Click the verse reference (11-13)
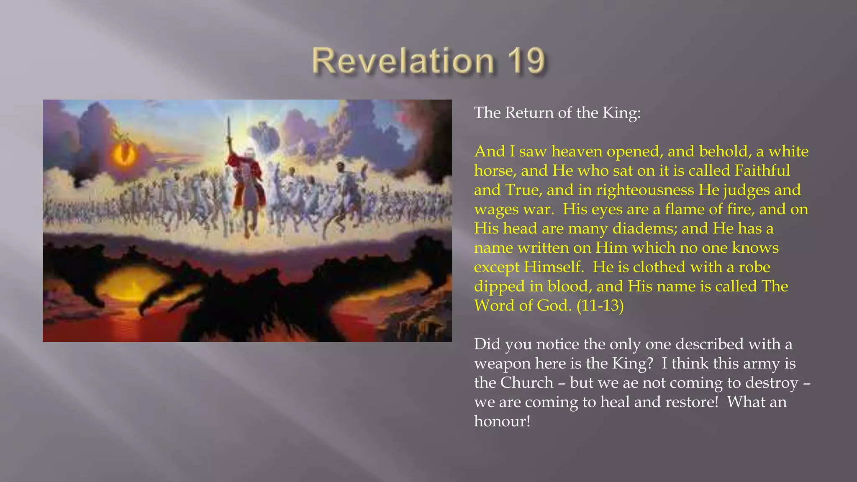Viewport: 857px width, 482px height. point(600,305)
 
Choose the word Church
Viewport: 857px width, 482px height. point(527,383)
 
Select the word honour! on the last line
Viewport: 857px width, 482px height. point(502,421)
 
